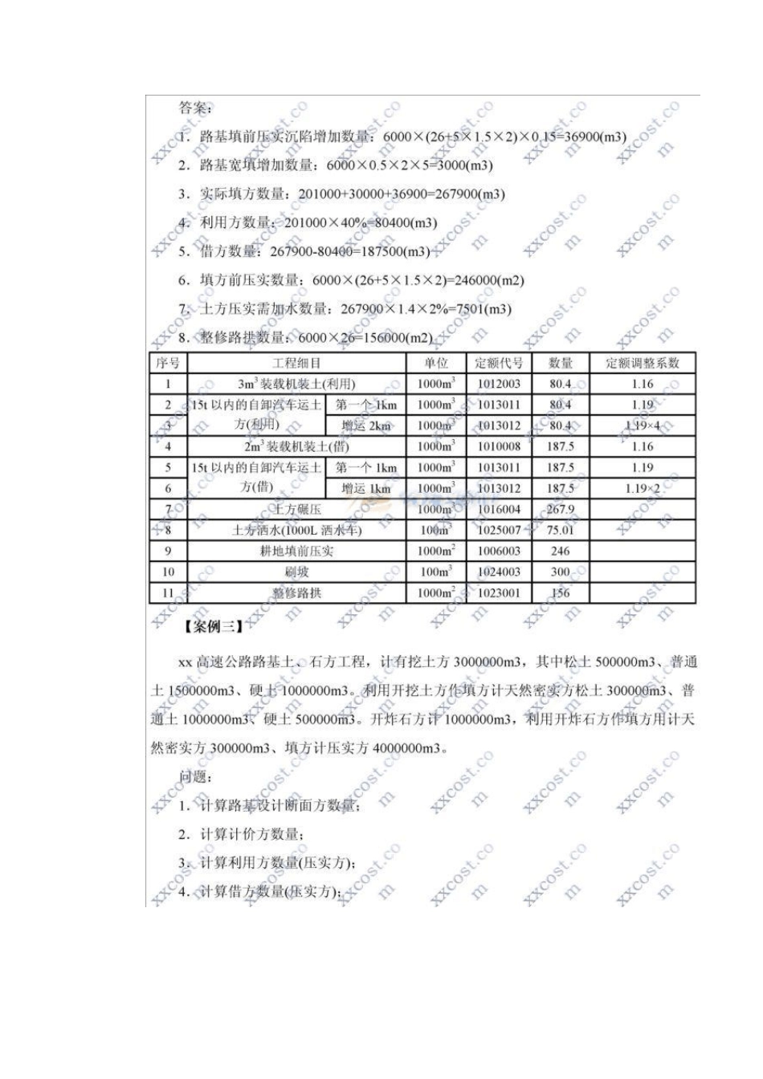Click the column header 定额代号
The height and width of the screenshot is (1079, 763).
pyautogui.click(x=498, y=363)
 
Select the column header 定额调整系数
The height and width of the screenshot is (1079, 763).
pyautogui.click(x=642, y=363)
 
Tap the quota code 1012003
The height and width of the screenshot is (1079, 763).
pyautogui.click(x=498, y=384)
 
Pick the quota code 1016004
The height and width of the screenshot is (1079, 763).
pyautogui.click(x=498, y=509)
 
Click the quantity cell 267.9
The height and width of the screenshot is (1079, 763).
pyautogui.click(x=560, y=509)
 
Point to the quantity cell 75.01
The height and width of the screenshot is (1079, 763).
pyautogui.click(x=560, y=530)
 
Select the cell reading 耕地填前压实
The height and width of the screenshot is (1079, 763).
pyautogui.click(x=296, y=551)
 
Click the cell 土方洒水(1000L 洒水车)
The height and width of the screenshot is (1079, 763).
pyautogui.click(x=296, y=530)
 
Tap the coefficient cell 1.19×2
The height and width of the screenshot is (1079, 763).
pyautogui.click(x=642, y=488)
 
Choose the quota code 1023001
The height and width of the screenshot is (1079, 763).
pyautogui.click(x=498, y=592)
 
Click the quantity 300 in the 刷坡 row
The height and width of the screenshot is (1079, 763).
pyautogui.click(x=560, y=572)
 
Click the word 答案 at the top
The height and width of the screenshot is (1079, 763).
pyautogui.click(x=194, y=108)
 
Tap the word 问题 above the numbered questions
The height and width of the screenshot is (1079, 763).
pyautogui.click(x=194, y=777)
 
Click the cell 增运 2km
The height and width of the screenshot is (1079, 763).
pyautogui.click(x=365, y=425)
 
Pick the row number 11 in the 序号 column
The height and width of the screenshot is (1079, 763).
pyautogui.click(x=168, y=592)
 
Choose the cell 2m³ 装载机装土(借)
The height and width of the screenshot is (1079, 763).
pyautogui.click(x=296, y=446)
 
